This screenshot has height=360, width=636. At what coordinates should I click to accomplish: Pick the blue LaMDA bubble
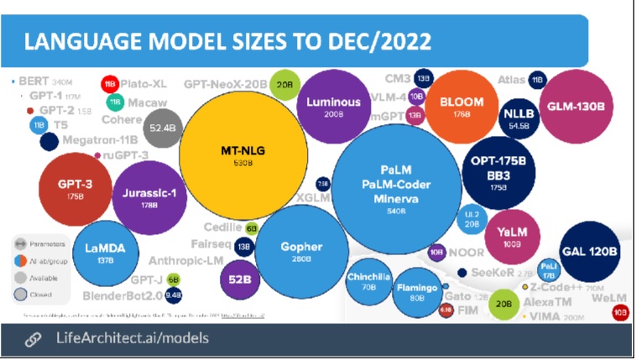coord(105,253)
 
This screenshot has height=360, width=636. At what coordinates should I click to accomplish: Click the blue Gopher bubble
coord(301,249)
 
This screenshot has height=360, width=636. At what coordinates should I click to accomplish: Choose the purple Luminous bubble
coord(334,107)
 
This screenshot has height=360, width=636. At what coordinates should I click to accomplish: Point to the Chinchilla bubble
coord(369,282)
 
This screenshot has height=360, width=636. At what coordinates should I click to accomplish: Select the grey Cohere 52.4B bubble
coord(160,128)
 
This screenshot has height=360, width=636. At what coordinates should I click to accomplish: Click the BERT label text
coord(34,82)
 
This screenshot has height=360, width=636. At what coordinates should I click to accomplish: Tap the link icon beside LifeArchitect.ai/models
coord(33,339)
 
